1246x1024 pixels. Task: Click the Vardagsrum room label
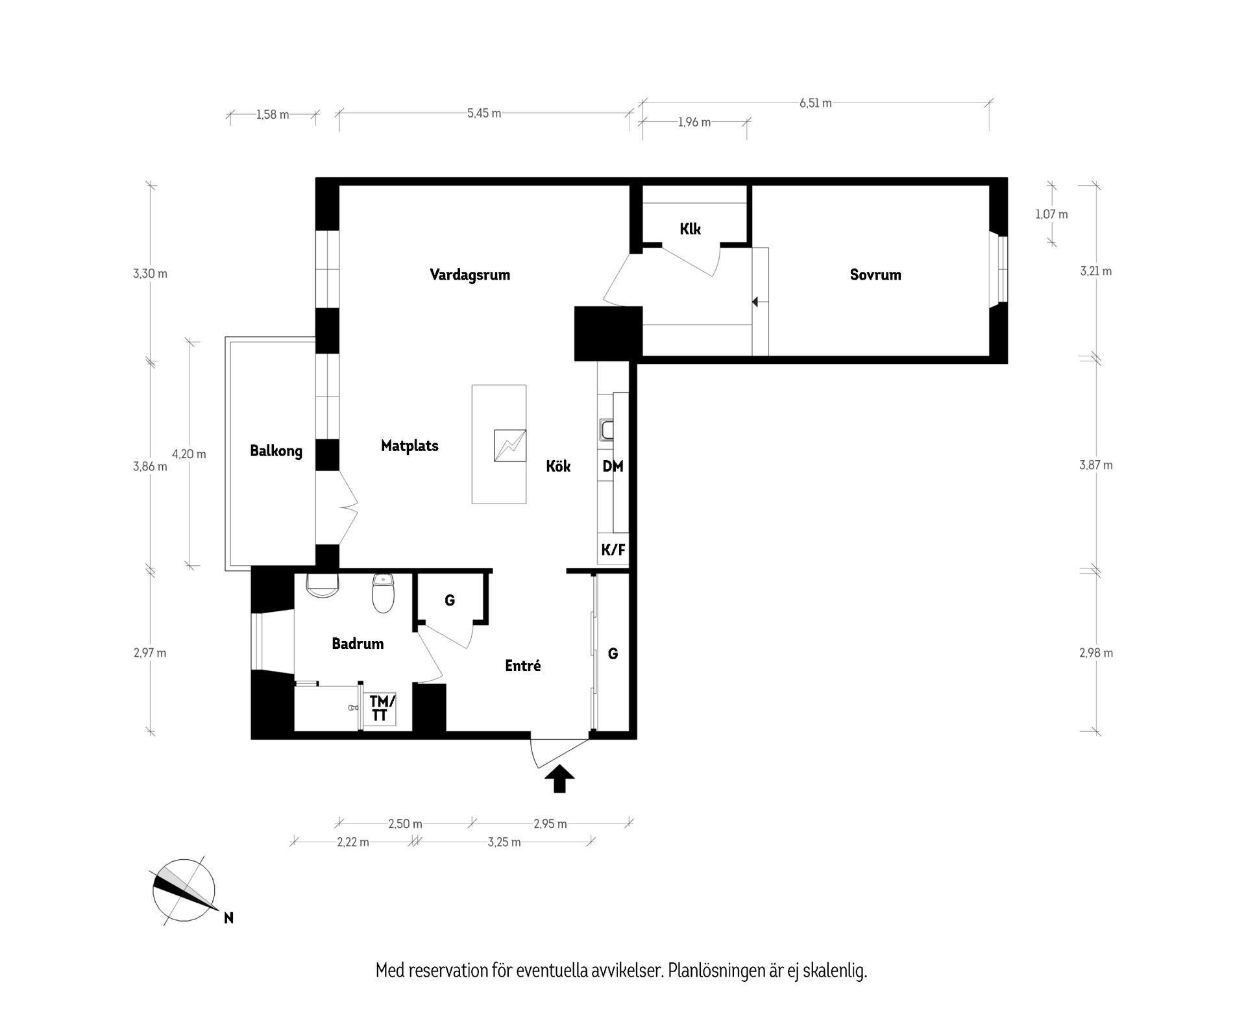click(x=470, y=275)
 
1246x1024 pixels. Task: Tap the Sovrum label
click(x=875, y=274)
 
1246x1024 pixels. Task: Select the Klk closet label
click(x=690, y=229)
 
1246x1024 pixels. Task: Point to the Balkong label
click(x=276, y=451)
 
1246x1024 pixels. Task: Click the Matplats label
click(x=409, y=446)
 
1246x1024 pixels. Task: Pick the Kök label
click(x=558, y=466)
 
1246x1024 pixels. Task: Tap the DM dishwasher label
click(x=613, y=466)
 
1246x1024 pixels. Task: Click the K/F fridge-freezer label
click(x=613, y=550)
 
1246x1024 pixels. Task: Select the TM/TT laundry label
click(x=382, y=708)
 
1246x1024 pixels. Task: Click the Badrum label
click(x=358, y=644)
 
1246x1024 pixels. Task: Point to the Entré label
click(x=523, y=665)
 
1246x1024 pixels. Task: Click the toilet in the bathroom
click(x=383, y=593)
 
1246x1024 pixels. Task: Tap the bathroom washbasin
click(x=323, y=584)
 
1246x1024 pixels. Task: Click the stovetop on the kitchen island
click(x=510, y=446)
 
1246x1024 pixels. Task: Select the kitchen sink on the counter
click(x=606, y=430)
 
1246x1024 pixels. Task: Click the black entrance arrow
click(x=559, y=779)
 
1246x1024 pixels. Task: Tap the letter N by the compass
click(x=228, y=918)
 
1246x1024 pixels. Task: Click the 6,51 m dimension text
click(x=816, y=103)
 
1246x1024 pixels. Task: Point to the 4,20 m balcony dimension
click(x=189, y=454)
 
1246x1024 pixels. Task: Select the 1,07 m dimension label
click(x=1051, y=214)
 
